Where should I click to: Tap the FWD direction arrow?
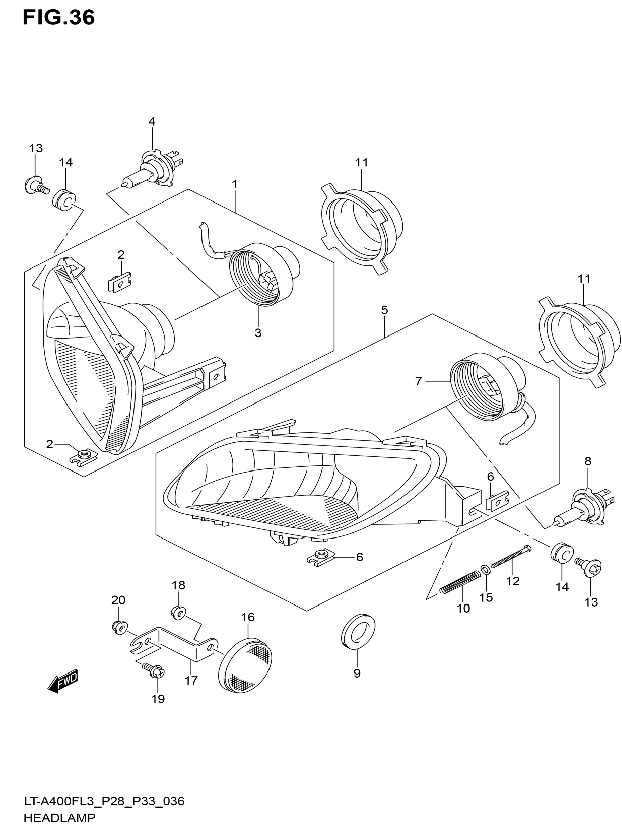click(x=63, y=681)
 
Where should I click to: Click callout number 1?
click(x=234, y=184)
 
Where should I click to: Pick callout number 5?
click(x=384, y=310)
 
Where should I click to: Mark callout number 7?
click(x=418, y=381)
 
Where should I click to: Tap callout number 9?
click(x=357, y=673)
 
